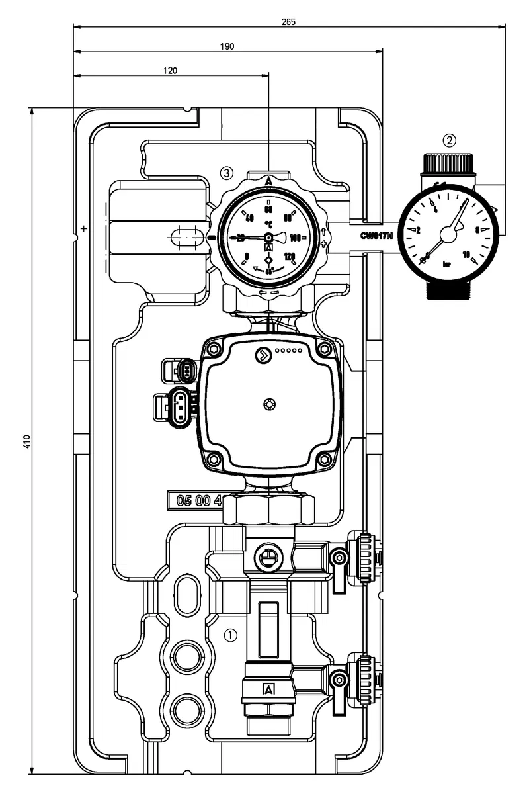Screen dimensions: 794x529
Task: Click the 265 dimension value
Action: click(x=288, y=22)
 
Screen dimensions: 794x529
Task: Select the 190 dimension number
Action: click(x=227, y=46)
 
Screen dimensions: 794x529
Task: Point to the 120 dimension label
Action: click(x=171, y=71)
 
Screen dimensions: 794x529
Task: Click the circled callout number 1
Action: click(x=230, y=635)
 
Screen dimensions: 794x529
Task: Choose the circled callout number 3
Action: click(x=227, y=173)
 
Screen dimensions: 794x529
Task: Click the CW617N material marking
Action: click(x=378, y=236)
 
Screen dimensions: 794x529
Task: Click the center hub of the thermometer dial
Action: click(x=268, y=238)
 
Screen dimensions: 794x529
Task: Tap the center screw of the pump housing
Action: click(x=268, y=403)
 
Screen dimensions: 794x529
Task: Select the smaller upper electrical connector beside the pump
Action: click(x=184, y=369)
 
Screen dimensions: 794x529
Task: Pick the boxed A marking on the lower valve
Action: click(x=268, y=689)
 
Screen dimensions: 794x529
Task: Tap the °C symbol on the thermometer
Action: click(x=268, y=224)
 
